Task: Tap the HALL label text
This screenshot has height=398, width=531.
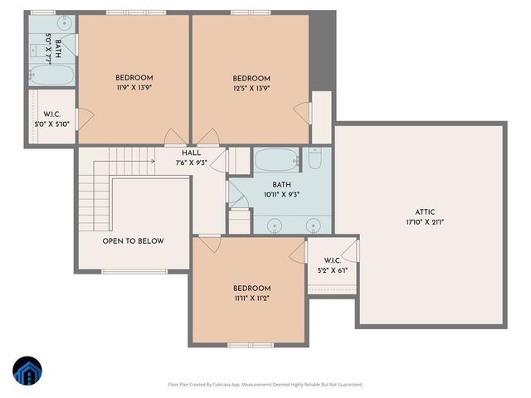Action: pyautogui.click(x=191, y=153)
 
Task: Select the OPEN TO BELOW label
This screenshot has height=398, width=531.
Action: pyautogui.click(x=133, y=241)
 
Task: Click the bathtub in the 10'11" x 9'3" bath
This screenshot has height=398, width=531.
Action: pyautogui.click(x=274, y=159)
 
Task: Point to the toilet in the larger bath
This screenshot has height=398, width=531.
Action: pyautogui.click(x=315, y=158)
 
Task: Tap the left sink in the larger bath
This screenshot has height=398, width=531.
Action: pyautogui.click(x=276, y=223)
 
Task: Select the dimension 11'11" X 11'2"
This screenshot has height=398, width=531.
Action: pyautogui.click(x=251, y=298)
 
